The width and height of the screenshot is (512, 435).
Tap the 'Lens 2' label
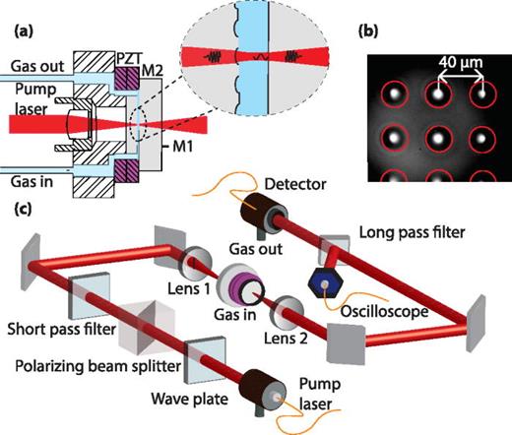pyautogui.click(x=273, y=328)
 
